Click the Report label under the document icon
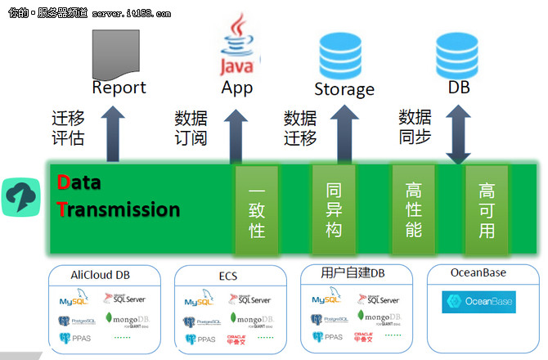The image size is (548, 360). click(119, 88)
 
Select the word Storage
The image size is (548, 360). click(344, 89)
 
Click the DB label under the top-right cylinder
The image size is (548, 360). click(460, 87)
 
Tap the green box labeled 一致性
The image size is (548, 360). click(257, 210)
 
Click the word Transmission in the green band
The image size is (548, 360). click(119, 209)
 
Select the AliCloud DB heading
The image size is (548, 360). click(102, 274)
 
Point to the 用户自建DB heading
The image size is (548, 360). click(355, 273)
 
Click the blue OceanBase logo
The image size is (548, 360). click(478, 302)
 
